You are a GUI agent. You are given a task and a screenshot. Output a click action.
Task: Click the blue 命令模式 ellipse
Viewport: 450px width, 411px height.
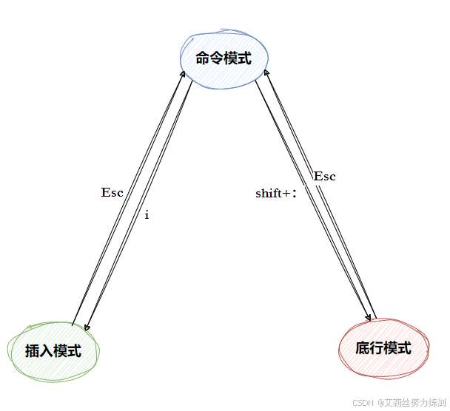pyautogui.click(x=224, y=58)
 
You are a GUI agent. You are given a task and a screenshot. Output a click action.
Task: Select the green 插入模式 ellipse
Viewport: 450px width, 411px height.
pyautogui.click(x=53, y=350)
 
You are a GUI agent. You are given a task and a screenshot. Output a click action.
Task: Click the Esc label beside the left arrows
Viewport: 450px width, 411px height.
pyautogui.click(x=112, y=192)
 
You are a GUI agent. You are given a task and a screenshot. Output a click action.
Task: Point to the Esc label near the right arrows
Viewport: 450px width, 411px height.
pyautogui.click(x=324, y=176)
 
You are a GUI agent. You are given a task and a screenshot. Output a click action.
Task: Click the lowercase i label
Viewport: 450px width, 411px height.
pyautogui.click(x=147, y=215)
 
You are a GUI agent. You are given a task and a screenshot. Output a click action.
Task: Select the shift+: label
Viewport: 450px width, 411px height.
pyautogui.click(x=275, y=194)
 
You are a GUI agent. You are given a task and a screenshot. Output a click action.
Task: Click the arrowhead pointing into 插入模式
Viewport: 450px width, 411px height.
pyautogui.click(x=87, y=327)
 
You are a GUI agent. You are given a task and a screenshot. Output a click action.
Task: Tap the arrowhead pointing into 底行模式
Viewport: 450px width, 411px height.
pyautogui.click(x=368, y=318)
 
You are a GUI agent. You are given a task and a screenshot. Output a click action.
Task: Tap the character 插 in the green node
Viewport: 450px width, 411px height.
pyautogui.click(x=33, y=351)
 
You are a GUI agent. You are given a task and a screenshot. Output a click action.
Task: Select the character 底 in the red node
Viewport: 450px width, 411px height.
pyautogui.click(x=363, y=348)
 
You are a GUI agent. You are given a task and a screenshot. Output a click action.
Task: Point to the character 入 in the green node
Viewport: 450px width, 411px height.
pyautogui.click(x=47, y=351)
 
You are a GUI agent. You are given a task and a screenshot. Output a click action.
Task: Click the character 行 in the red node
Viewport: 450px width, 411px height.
pyautogui.click(x=376, y=348)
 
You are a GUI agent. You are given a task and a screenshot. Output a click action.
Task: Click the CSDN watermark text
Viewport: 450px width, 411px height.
pyautogui.click(x=361, y=403)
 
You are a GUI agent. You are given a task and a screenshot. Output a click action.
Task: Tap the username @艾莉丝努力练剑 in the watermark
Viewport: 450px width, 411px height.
pyautogui.click(x=411, y=403)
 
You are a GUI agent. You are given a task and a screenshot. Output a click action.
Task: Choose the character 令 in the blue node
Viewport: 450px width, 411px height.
pyautogui.click(x=218, y=58)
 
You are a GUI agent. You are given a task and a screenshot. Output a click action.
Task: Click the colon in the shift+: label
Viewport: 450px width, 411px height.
pyautogui.click(x=294, y=194)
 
